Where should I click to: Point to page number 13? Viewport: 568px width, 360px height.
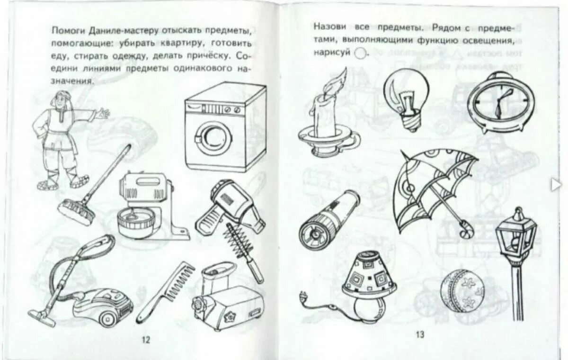420,334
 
